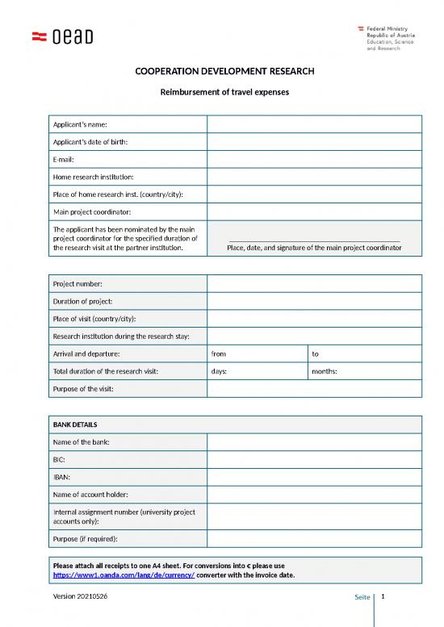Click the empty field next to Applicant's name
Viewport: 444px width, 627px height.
(314, 124)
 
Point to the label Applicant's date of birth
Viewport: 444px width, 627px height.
(90, 142)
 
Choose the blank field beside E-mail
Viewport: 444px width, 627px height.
(314, 159)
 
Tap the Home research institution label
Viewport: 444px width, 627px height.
(93, 177)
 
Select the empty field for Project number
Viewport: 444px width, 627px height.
(314, 283)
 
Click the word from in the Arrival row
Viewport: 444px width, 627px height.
(219, 353)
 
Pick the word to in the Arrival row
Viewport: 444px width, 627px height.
(316, 353)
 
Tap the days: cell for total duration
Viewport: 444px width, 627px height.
(219, 371)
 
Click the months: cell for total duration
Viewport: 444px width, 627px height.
(325, 371)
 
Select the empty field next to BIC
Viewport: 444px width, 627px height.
(314, 459)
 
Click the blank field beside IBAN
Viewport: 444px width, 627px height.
(314, 477)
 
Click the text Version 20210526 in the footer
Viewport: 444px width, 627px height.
(82, 596)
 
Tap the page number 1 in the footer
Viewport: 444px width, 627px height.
(383, 596)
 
